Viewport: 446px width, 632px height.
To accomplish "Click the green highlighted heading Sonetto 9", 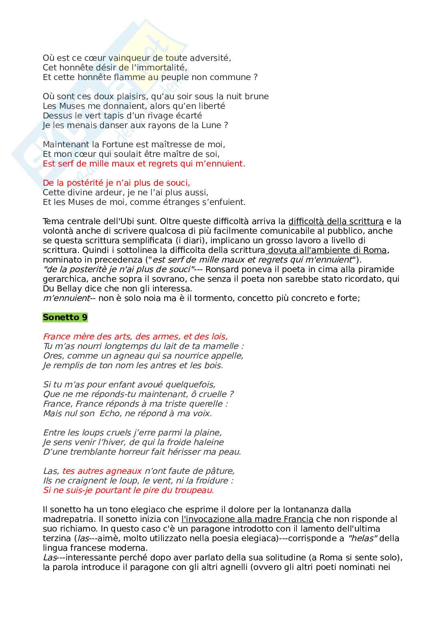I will (65, 317).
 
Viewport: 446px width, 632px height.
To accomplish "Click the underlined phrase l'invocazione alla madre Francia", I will (247, 519).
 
